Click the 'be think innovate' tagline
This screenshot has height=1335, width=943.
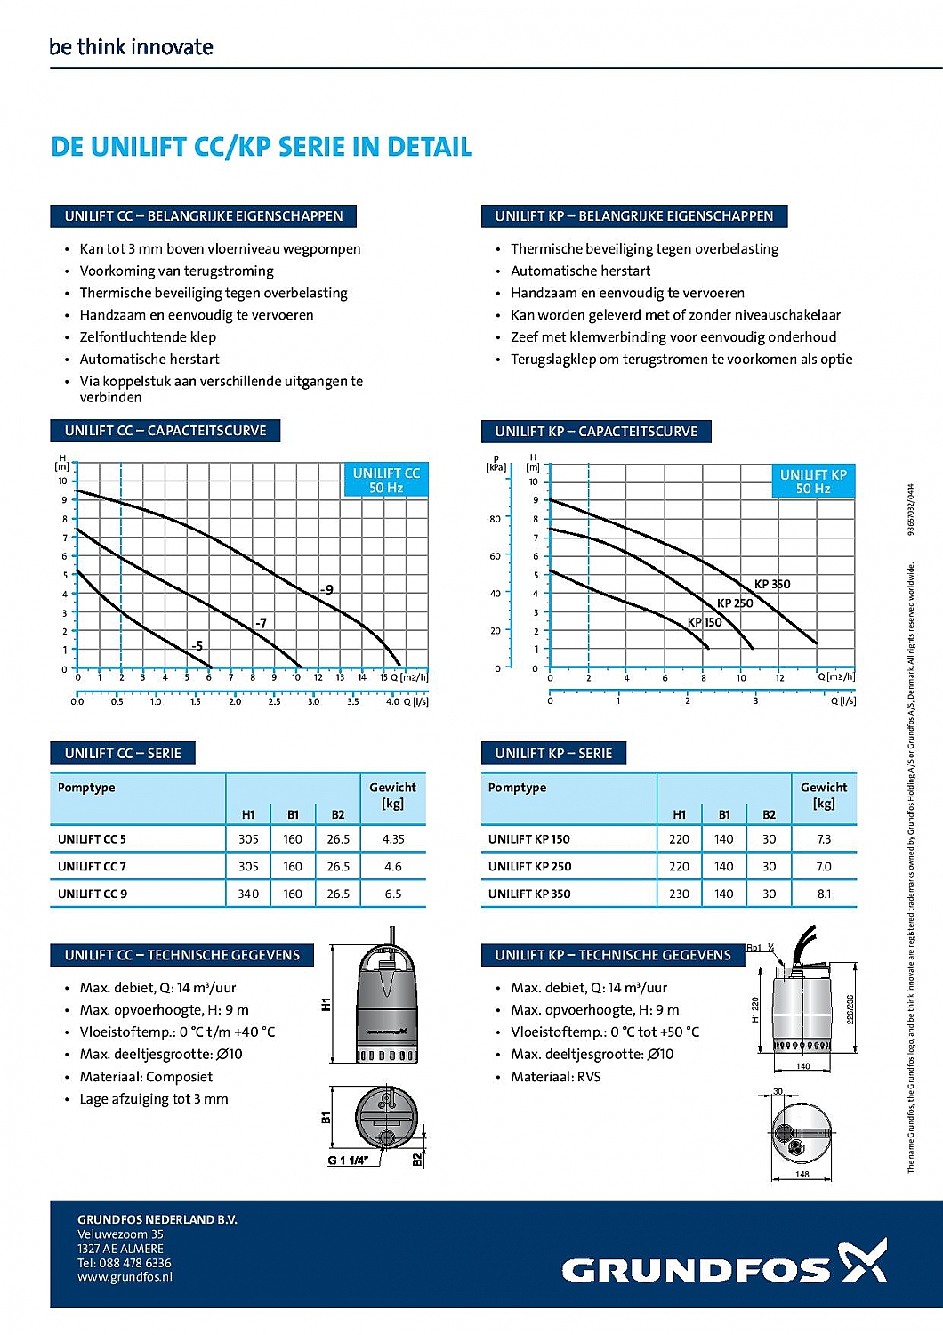pos(131,47)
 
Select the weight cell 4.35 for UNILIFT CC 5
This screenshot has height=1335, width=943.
pos(392,839)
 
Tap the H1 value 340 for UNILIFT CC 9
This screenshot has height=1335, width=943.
pos(248,894)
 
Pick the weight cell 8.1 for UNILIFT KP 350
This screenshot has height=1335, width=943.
pos(824,894)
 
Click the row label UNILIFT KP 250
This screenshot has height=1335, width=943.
pos(529,867)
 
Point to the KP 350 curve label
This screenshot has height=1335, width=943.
pos(771,585)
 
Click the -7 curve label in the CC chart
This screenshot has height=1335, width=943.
pos(261,623)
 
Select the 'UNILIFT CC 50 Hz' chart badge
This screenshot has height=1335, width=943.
pos(386,481)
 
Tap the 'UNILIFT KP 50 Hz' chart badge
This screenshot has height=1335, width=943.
pos(813,481)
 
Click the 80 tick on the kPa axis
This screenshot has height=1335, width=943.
pos(495,519)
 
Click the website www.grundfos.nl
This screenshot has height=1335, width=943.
pos(125,1277)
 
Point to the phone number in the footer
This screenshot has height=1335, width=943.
pos(124,1263)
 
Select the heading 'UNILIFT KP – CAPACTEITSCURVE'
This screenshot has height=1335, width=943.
pos(596,432)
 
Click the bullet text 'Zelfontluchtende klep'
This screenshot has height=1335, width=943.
pos(148,337)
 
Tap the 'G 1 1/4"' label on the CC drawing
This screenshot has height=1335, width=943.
pos(348,1161)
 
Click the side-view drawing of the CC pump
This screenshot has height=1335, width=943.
pos(387,997)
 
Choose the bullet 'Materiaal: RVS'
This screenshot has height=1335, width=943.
pos(555,1077)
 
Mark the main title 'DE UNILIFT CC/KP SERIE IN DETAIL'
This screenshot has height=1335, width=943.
pos(262,147)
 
